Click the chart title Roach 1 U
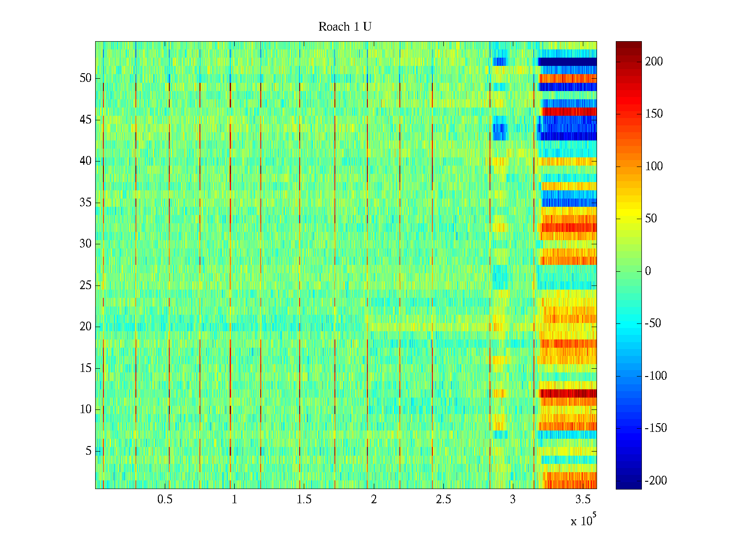(x=345, y=27)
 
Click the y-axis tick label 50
(x=86, y=78)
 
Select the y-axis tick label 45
(x=86, y=120)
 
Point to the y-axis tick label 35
(x=86, y=203)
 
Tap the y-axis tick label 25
(x=86, y=285)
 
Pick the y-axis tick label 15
(x=86, y=368)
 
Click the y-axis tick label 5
(x=88, y=451)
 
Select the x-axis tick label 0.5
(x=165, y=500)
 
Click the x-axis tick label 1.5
(x=304, y=500)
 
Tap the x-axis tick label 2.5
(x=443, y=500)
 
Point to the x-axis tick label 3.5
(x=582, y=500)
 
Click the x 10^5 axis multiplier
(x=583, y=520)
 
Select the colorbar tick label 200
(x=654, y=62)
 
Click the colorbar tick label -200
(x=656, y=481)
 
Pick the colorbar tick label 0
(x=648, y=271)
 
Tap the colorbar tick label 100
(x=654, y=167)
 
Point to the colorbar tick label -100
(x=656, y=376)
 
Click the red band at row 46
(x=569, y=112)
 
